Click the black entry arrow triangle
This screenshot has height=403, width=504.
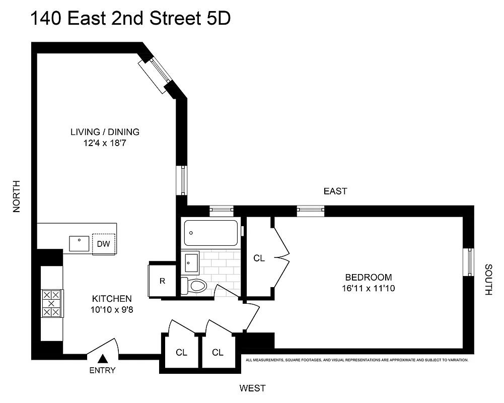[x=103, y=359]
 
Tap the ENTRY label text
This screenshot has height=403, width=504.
[x=103, y=371]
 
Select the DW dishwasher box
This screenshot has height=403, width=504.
[x=104, y=244]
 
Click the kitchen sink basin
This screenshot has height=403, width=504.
[x=80, y=244]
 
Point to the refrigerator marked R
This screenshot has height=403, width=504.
[x=162, y=280]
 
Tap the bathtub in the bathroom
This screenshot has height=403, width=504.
[x=210, y=233]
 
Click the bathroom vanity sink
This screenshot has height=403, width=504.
[x=191, y=262]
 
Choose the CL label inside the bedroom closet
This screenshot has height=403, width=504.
[x=259, y=258]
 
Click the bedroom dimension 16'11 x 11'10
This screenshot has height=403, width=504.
[x=368, y=288]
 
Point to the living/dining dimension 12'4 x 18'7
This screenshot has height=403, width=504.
[x=104, y=143]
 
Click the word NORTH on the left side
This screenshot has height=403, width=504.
[x=17, y=196]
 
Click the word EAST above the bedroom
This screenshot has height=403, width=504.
[x=335, y=191]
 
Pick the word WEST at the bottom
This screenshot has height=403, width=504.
[x=252, y=388]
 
